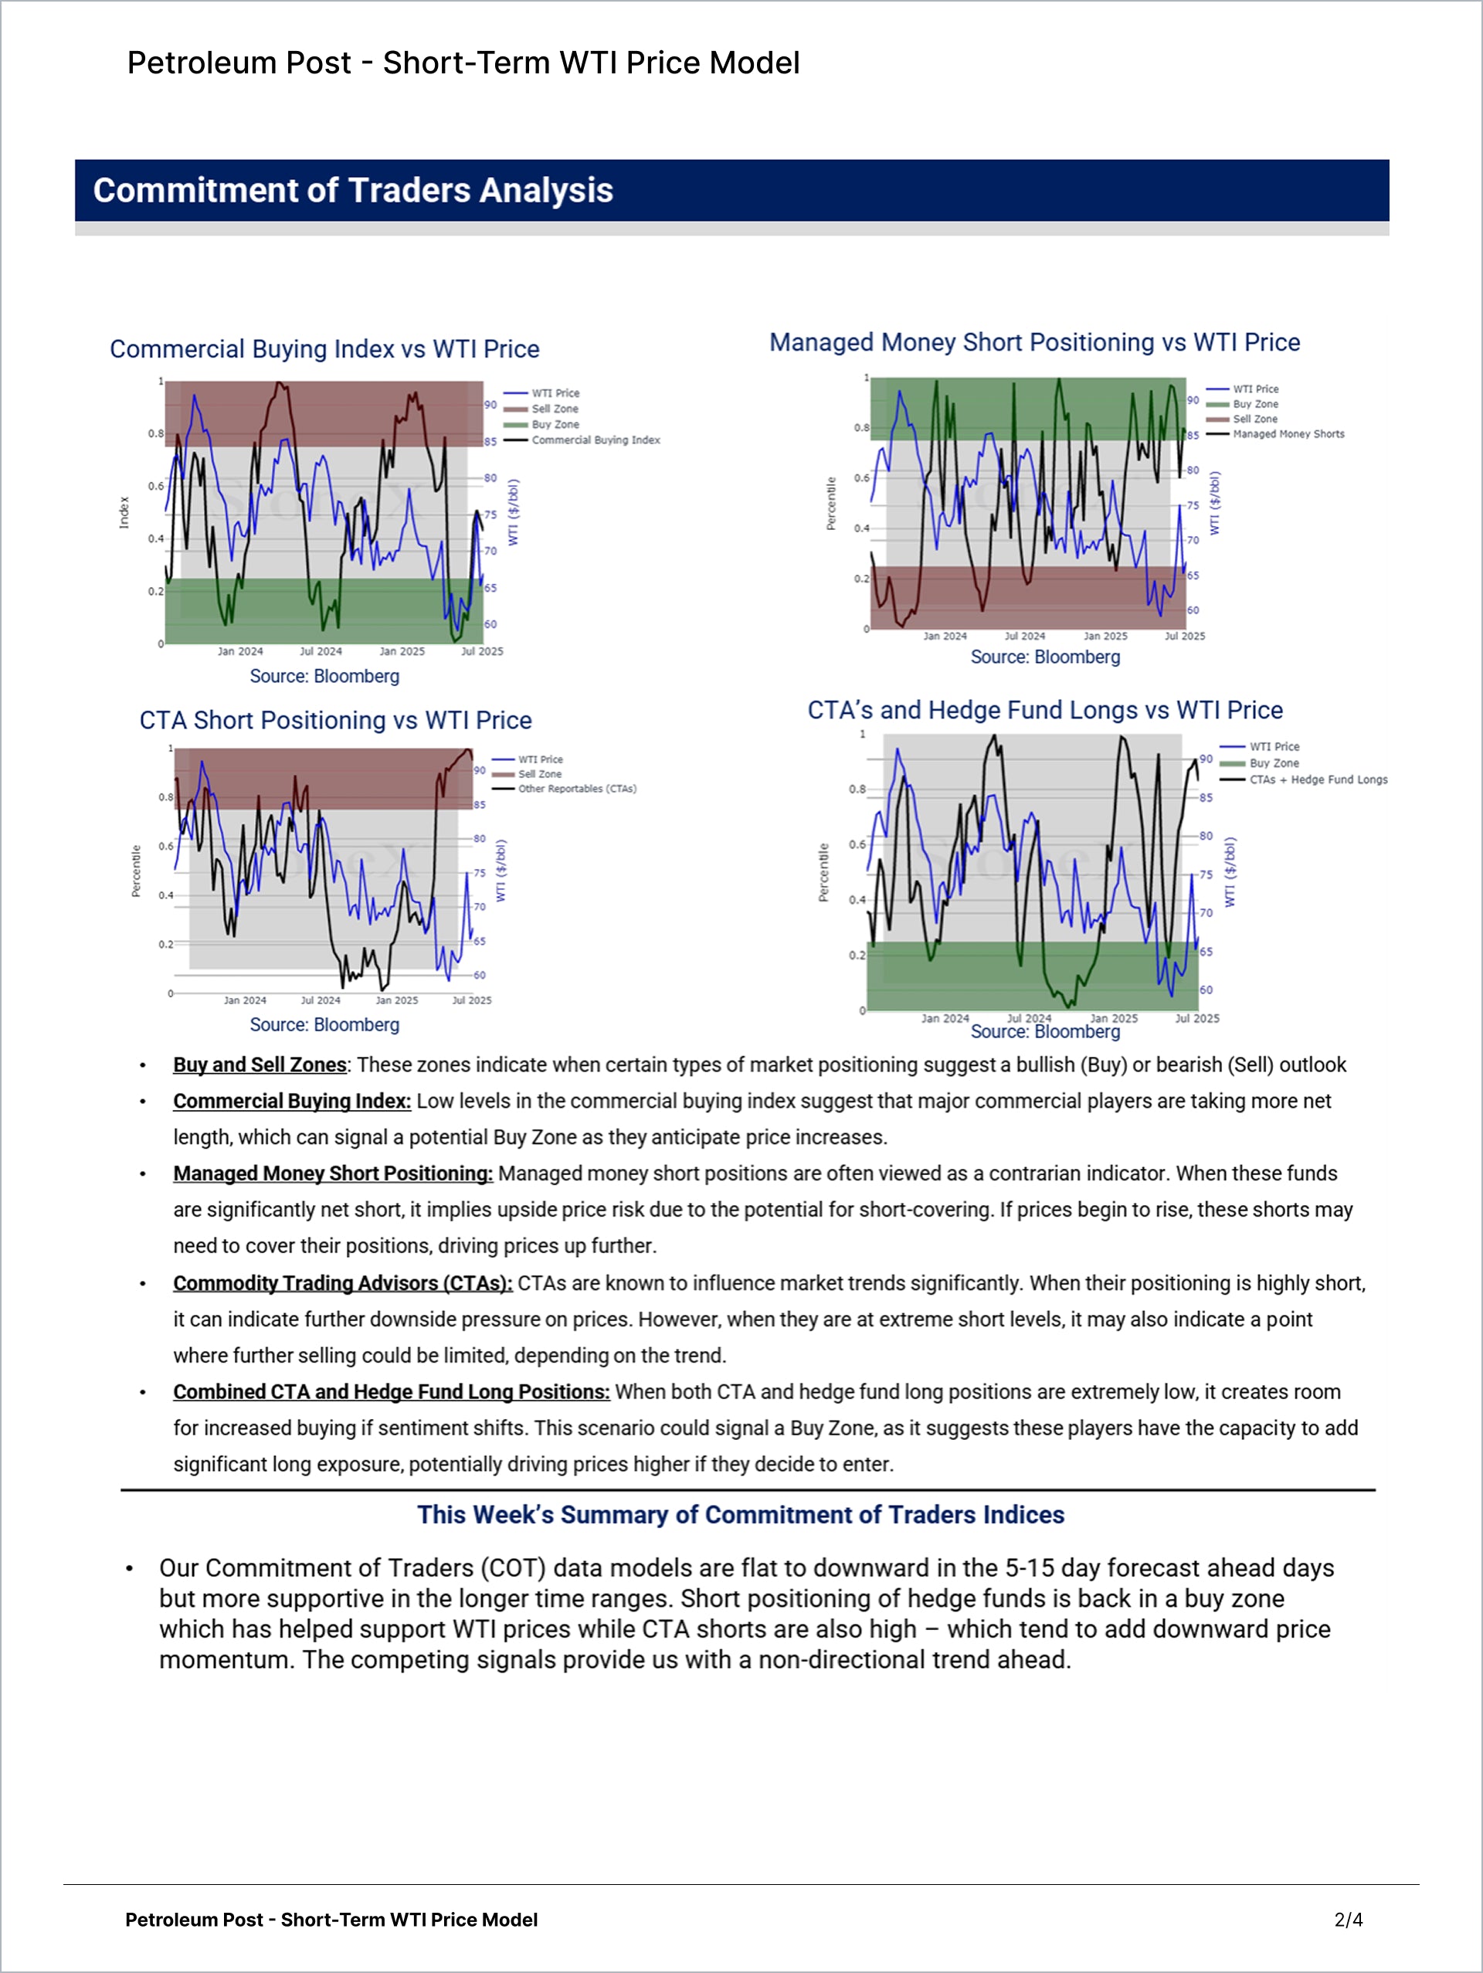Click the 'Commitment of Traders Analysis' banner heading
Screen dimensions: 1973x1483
coord(353,191)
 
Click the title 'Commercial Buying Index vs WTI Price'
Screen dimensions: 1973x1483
coord(324,348)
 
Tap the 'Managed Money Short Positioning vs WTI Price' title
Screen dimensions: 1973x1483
coord(1034,342)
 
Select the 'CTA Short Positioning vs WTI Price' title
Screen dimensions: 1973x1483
coord(335,720)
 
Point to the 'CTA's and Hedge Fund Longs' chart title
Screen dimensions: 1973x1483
coord(1045,710)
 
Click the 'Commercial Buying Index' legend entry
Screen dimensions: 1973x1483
coord(596,440)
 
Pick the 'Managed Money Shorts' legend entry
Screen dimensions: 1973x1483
coord(1288,434)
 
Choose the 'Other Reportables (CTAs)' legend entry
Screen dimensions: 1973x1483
coord(577,789)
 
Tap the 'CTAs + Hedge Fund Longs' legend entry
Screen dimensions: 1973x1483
coord(1318,779)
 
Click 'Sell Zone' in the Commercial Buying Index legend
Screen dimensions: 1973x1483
coord(555,409)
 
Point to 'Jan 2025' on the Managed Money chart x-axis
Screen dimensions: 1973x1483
coord(1105,636)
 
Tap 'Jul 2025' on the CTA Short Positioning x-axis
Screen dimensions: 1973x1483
coord(472,1000)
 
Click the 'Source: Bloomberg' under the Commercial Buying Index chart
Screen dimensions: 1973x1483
coord(324,676)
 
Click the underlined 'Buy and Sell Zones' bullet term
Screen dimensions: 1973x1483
coord(260,1065)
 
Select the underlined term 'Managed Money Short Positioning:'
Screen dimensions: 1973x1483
coord(333,1173)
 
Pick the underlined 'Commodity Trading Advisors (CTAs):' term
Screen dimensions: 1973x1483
coord(342,1283)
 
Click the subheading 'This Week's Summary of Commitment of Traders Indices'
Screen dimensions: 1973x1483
coord(741,1515)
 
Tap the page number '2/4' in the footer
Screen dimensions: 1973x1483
coord(1349,1920)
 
